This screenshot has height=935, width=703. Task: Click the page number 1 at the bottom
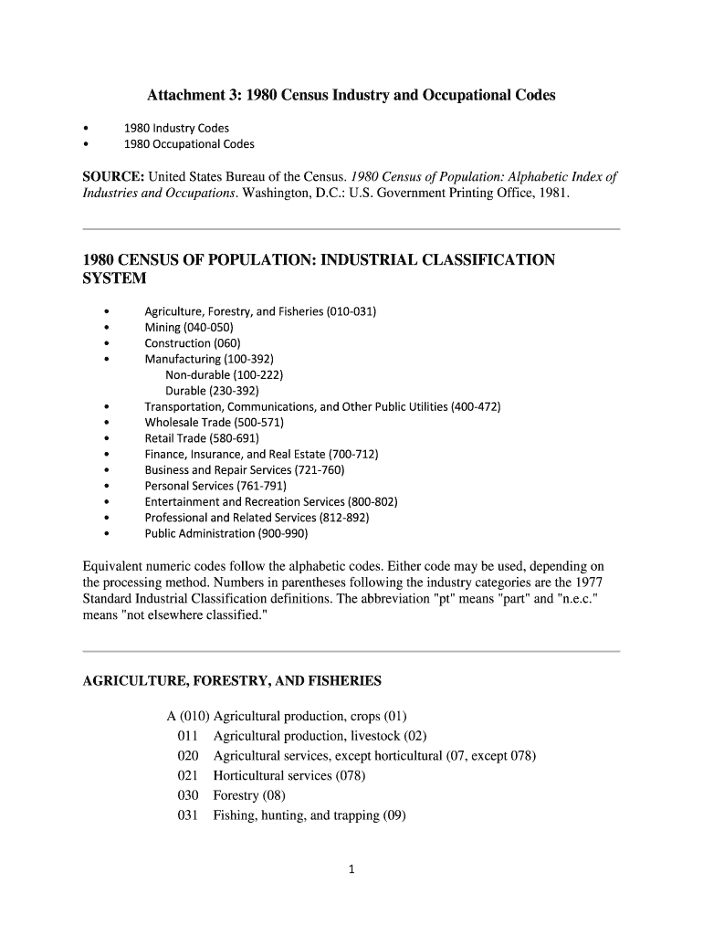351,869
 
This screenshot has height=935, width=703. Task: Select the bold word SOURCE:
114,176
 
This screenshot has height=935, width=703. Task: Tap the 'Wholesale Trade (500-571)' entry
215,423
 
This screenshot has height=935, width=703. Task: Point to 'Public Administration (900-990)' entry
226,533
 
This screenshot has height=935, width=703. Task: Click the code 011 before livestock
188,736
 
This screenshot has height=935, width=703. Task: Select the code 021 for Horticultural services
188,776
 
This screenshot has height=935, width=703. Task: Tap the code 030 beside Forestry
188,795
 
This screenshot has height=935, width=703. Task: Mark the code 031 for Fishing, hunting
188,815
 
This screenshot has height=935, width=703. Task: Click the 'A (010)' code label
188,716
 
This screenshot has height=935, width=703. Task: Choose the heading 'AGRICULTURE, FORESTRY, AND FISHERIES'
232,681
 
